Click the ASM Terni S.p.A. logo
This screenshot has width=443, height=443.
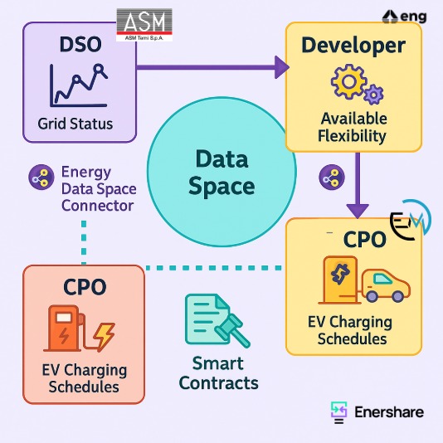[x=144, y=25]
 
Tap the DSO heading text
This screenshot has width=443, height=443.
[x=80, y=44]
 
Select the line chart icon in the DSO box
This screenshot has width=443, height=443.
[x=79, y=85]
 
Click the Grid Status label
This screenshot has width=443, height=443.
[x=75, y=124]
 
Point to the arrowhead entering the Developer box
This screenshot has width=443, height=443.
[x=282, y=67]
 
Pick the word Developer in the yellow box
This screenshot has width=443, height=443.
[x=353, y=45]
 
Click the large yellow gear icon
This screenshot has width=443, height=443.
[x=349, y=81]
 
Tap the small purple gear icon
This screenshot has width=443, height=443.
[x=373, y=95]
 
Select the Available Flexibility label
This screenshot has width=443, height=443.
[x=353, y=127]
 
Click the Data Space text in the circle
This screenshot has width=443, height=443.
[x=221, y=173]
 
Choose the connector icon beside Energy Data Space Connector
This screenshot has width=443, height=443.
[x=41, y=178]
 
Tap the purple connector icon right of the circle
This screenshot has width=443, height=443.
[x=332, y=178]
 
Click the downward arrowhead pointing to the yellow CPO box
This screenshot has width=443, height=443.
[x=358, y=211]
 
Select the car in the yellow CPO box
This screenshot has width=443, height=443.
[x=386, y=286]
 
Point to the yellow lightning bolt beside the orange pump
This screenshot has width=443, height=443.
[x=104, y=337]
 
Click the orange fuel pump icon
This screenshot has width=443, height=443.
[x=65, y=329]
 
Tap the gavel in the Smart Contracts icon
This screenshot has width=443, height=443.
[x=232, y=330]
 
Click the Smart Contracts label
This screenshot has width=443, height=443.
[x=219, y=373]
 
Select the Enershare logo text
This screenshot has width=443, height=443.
[x=389, y=412]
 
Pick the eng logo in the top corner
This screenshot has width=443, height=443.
[x=404, y=17]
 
